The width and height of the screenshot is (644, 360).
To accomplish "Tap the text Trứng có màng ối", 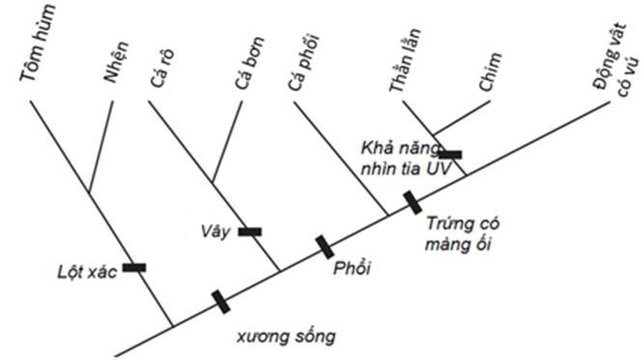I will click(x=459, y=232).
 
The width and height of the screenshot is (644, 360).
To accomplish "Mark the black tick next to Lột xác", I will click(x=134, y=267).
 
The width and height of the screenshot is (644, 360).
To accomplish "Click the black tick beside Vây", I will click(x=249, y=231).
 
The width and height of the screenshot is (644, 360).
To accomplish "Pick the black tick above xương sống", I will click(x=221, y=302).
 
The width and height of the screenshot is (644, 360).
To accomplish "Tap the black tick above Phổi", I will click(x=325, y=247).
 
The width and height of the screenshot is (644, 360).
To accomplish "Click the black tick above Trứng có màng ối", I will click(x=412, y=203).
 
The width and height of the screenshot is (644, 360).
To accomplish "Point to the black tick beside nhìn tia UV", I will click(x=450, y=153).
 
